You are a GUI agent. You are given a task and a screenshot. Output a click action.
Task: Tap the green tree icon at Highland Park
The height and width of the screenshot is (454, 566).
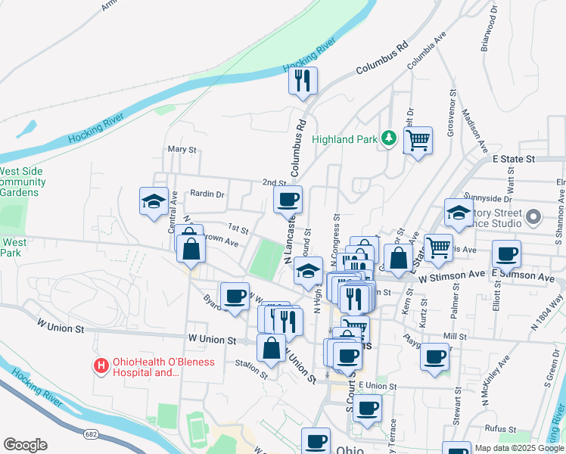coord(388,138)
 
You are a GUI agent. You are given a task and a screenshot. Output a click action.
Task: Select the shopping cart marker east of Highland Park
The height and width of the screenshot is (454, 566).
coord(418,140)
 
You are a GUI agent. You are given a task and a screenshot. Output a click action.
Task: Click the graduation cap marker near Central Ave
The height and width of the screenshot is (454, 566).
coord(154,201)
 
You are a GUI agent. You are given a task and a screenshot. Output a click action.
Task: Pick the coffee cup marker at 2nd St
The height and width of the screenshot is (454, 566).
coord(288,200)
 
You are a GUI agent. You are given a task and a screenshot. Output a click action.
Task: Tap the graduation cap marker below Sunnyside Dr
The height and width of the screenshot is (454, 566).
coord(459,213)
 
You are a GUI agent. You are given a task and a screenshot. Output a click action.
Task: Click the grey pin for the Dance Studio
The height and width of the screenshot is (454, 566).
coord(533,218)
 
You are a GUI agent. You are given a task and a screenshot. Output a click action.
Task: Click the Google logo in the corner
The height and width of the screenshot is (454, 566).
coord(25,445)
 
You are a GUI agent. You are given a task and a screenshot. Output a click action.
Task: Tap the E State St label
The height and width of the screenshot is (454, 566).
coord(513,160)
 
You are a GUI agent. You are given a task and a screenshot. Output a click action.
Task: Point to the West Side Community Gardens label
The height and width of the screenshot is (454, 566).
coord(23,182)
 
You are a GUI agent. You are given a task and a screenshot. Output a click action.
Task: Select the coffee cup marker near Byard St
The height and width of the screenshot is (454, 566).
coord(235,295)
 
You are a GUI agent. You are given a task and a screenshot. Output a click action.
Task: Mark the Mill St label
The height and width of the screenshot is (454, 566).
coord(456,335)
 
